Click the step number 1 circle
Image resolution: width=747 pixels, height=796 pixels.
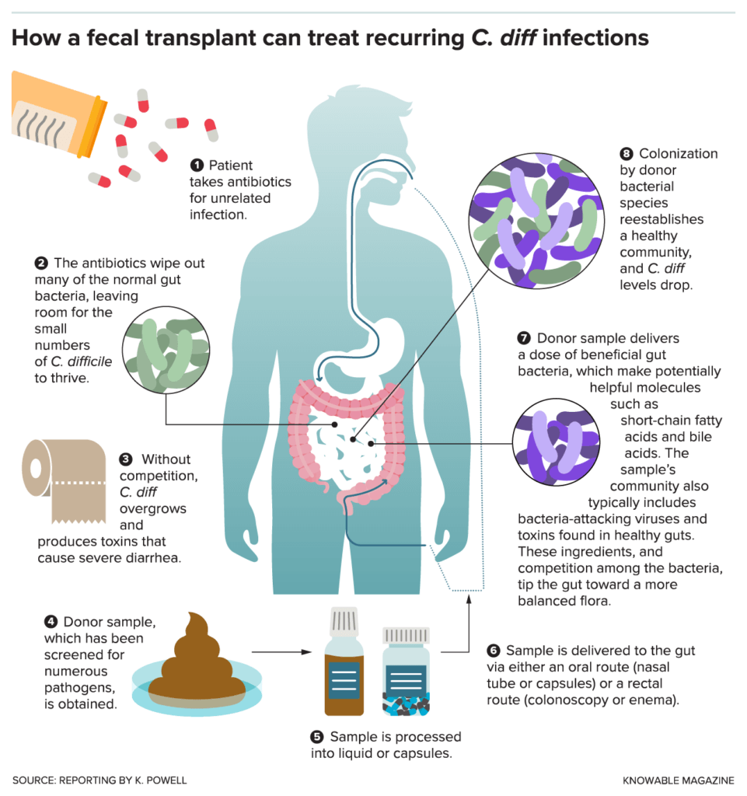(197, 166)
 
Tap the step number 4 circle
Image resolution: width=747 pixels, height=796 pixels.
(51, 621)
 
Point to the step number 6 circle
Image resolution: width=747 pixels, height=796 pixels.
(493, 650)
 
